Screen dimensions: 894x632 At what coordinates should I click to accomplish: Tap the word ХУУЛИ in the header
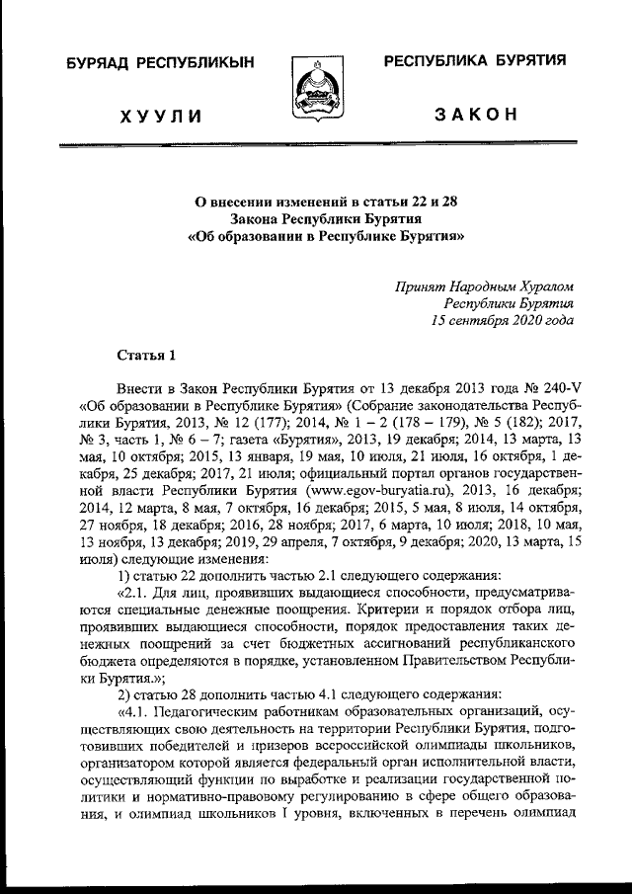click(x=159, y=118)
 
